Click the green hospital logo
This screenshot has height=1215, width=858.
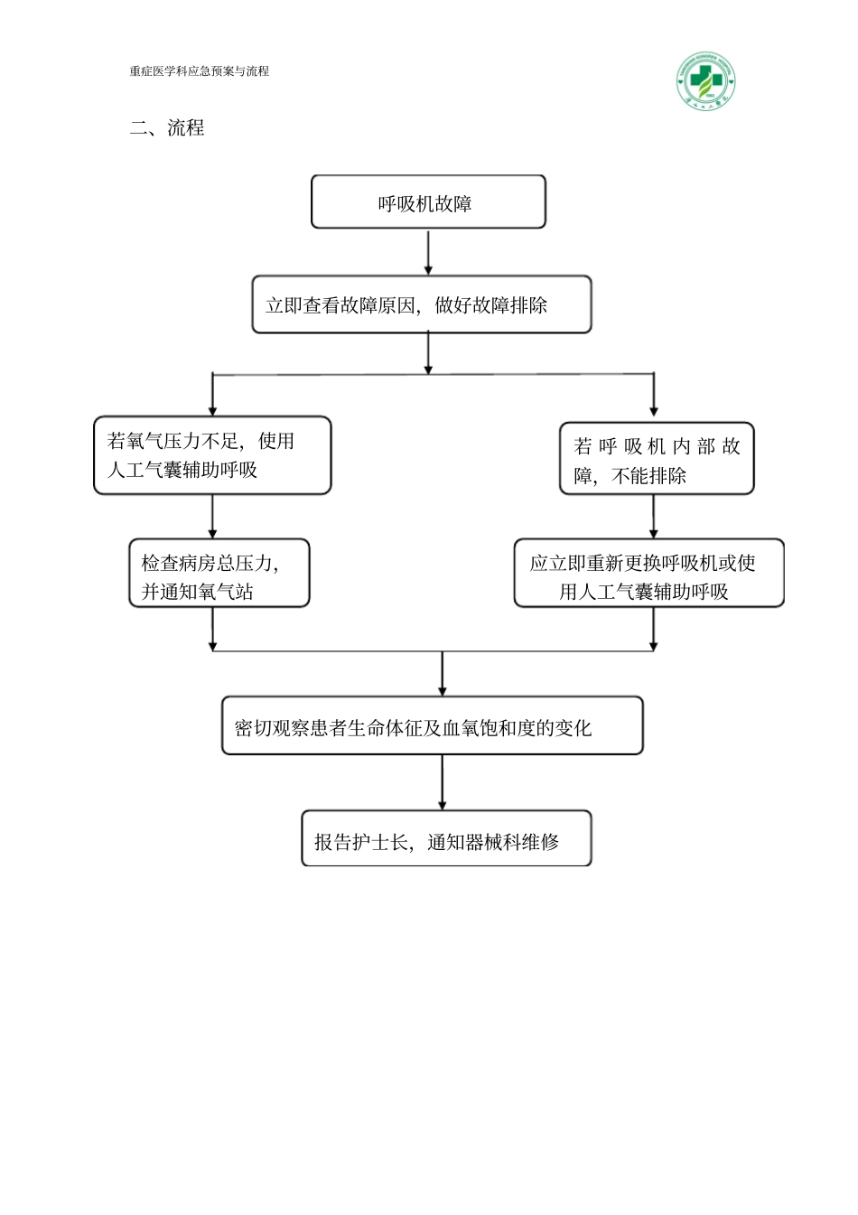click(x=705, y=80)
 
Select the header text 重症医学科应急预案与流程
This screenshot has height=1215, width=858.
click(x=199, y=71)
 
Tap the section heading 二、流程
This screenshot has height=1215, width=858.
click(x=167, y=128)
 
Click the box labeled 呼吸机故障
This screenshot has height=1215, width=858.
click(x=427, y=202)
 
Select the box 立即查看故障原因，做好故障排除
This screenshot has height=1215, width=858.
click(x=421, y=305)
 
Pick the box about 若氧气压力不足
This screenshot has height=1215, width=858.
click(x=212, y=455)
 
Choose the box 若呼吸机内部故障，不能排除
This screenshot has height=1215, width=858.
click(x=657, y=460)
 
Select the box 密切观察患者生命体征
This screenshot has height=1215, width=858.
click(x=432, y=726)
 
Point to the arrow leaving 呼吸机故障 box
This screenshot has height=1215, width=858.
click(x=428, y=252)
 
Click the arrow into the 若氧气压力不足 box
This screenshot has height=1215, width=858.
click(x=212, y=395)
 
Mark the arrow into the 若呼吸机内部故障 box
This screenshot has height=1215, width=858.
click(x=654, y=395)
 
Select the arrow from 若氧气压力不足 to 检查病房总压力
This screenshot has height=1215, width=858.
click(x=212, y=517)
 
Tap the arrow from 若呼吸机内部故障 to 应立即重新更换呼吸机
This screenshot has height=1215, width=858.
click(x=654, y=517)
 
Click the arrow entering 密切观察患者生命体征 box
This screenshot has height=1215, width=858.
click(x=442, y=674)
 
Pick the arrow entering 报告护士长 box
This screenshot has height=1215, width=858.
click(x=442, y=782)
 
